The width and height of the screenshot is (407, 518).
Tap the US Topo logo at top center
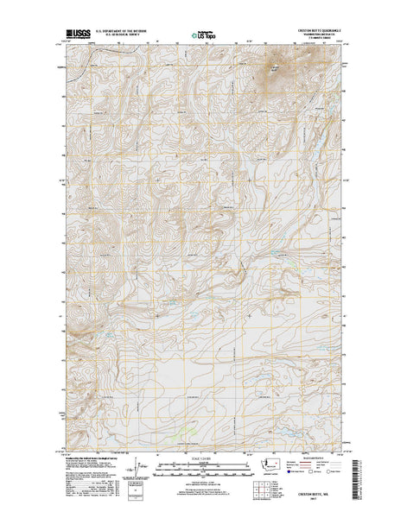[x=204, y=36]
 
